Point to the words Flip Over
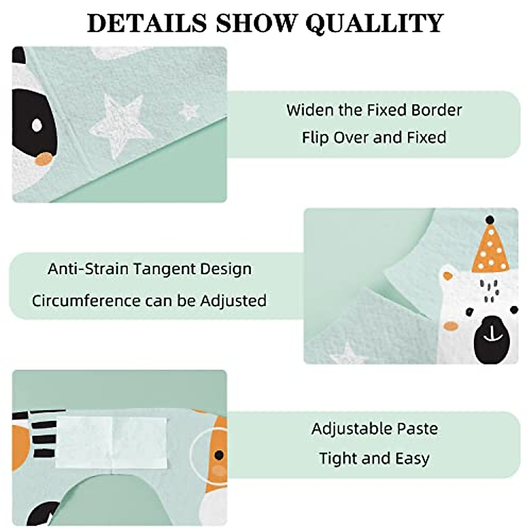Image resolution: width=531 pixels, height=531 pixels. (x=336, y=137)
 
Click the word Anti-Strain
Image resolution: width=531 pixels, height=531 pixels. (x=88, y=269)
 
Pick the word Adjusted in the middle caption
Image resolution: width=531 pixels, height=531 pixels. (x=233, y=301)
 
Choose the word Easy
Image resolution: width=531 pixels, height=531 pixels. (x=412, y=459)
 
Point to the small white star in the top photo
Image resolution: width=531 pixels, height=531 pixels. (x=189, y=111)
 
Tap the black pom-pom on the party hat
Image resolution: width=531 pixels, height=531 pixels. (x=489, y=219)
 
